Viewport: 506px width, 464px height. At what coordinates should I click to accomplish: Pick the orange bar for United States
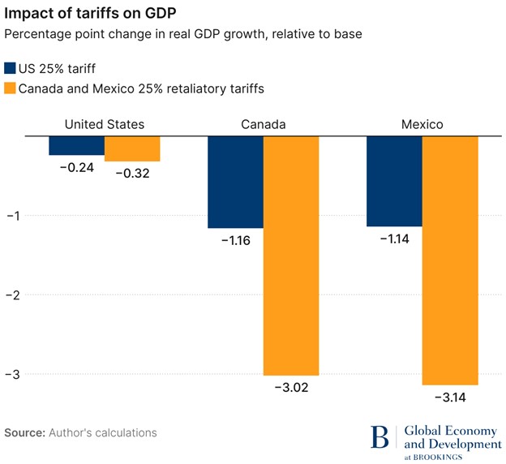click(x=132, y=149)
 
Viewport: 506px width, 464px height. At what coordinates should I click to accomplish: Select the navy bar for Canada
click(x=235, y=183)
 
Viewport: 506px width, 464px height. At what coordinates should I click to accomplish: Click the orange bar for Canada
click(x=291, y=256)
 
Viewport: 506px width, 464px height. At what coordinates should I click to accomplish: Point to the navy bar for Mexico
click(x=394, y=182)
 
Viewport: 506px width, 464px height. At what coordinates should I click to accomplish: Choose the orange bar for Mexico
click(x=450, y=260)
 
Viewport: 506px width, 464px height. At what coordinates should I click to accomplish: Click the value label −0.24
click(x=76, y=167)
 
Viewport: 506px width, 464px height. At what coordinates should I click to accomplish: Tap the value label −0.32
click(x=132, y=174)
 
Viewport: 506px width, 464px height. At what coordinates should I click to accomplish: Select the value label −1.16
click(x=235, y=240)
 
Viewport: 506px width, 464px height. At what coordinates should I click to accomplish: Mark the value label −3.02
click(x=291, y=388)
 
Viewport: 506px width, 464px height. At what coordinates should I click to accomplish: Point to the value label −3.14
click(x=450, y=397)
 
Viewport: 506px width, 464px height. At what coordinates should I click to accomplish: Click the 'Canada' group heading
click(x=263, y=125)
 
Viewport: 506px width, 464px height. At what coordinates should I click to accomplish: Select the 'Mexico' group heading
click(x=422, y=125)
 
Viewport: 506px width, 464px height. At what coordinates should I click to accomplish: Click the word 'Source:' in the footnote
click(x=24, y=432)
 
